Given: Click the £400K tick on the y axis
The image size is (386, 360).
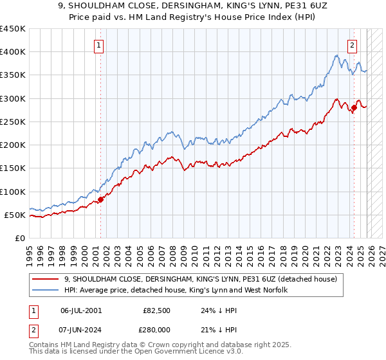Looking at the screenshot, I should click(x=13, y=52).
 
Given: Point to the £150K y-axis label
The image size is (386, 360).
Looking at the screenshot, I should click(x=13, y=168).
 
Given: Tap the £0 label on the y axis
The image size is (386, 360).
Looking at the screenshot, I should click(x=20, y=239).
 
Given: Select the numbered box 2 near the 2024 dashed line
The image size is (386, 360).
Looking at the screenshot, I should click(x=353, y=45).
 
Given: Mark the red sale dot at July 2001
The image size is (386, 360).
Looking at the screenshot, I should click(x=101, y=199).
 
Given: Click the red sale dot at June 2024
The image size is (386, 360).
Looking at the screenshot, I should click(x=354, y=108).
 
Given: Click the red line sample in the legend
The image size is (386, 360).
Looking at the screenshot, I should click(x=44, y=279).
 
